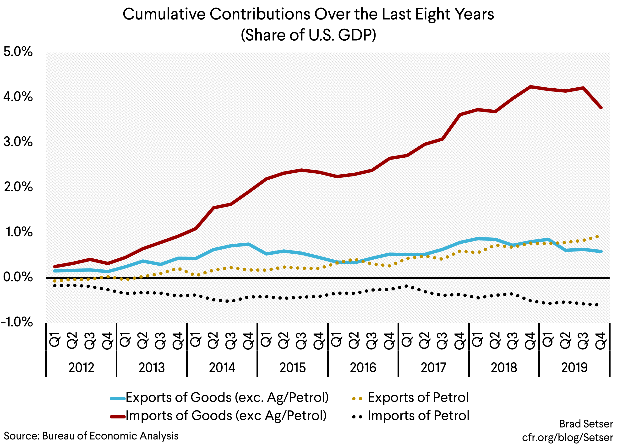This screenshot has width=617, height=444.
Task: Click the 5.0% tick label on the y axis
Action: (x=18, y=52)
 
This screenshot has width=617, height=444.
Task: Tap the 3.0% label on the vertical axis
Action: (x=18, y=142)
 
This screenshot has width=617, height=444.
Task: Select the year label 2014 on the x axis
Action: (x=222, y=367)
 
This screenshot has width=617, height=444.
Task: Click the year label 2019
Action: (x=574, y=367)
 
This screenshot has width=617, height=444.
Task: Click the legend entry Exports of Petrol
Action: (x=418, y=397)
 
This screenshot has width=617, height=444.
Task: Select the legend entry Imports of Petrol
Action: (x=418, y=416)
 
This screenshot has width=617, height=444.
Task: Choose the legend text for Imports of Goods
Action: (x=226, y=416)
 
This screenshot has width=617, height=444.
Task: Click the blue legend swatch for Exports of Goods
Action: (x=118, y=399)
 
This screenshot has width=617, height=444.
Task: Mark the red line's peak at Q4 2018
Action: (x=530, y=87)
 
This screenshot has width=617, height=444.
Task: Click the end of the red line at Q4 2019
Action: (x=601, y=108)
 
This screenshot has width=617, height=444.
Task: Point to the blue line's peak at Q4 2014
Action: (x=248, y=244)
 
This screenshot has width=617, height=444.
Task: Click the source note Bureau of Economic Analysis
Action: (x=110, y=436)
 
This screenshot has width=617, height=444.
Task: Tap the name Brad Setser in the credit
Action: (x=586, y=424)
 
